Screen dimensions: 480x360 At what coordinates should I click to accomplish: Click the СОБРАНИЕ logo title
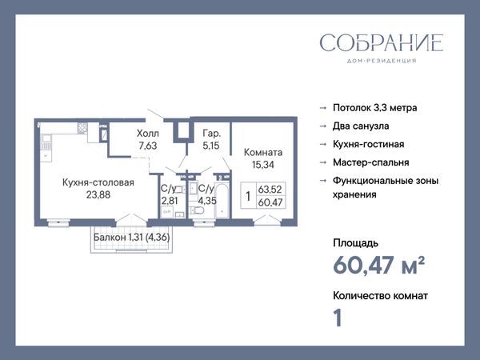coord(382,43)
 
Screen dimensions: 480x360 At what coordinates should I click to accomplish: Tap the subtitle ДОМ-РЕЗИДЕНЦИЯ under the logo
coord(382,61)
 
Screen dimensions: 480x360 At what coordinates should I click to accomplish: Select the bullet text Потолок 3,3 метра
coord(375,108)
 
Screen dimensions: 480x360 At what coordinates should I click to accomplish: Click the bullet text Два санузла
coord(361,126)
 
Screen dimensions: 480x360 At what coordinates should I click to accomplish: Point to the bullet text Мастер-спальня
coord(371,162)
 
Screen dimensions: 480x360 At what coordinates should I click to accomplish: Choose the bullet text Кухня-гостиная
coord(369,144)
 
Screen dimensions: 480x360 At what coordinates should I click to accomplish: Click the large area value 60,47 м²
coord(379,265)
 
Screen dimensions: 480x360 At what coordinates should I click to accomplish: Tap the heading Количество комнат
coord(381,296)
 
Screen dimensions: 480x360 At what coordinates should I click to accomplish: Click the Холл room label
coord(148,134)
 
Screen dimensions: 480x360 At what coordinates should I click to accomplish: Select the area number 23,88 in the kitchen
coord(98,194)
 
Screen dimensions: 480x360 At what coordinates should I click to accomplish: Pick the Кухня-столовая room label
coord(98,182)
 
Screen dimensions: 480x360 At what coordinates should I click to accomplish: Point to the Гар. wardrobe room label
coord(211,134)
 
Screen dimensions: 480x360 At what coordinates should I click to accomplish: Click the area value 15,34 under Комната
coord(263,165)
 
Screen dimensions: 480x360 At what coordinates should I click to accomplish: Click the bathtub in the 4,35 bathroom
coord(222,200)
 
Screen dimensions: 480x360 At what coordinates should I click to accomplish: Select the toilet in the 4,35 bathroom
coord(197,210)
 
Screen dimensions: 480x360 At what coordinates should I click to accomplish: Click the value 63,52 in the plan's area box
coord(270,189)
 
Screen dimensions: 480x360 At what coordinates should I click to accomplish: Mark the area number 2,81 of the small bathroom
coord(170,201)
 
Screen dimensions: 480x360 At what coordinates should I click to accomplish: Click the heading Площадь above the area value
coord(356,243)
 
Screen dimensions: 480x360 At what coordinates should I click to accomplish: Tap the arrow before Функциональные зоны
coord(323,181)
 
